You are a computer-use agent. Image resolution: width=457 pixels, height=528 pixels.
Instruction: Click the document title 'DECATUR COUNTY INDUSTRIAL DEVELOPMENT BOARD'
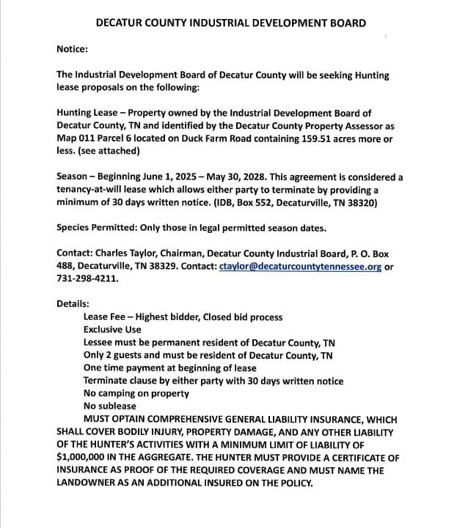tap(231, 23)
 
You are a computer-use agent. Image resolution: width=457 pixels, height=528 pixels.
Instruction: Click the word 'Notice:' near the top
tap(72, 49)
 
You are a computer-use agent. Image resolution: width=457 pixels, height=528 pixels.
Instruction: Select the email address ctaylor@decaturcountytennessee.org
tap(300, 267)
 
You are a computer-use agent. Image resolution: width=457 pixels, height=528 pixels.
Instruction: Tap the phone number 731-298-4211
tap(87, 279)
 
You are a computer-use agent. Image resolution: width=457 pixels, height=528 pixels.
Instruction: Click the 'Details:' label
tap(73, 304)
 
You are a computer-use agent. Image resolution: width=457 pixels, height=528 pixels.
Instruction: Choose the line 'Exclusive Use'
tap(111, 330)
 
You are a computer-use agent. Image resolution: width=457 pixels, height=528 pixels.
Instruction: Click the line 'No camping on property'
tap(136, 393)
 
